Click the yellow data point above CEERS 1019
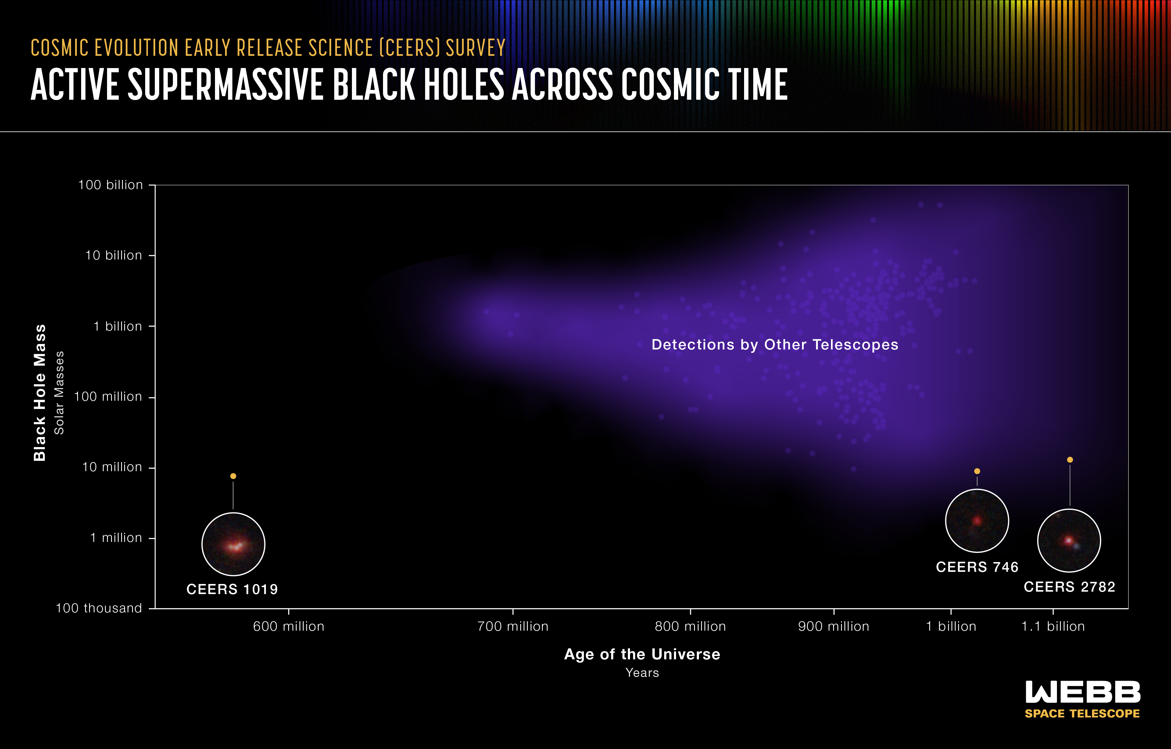pyautogui.click(x=233, y=476)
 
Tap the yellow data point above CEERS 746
pyautogui.click(x=977, y=471)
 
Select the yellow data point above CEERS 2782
pyautogui.click(x=1070, y=460)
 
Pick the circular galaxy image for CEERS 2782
pyautogui.click(x=1069, y=540)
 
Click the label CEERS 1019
pyautogui.click(x=232, y=590)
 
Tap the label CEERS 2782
pyautogui.click(x=1069, y=587)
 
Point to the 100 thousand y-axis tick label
pyautogui.click(x=99, y=608)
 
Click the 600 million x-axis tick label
pyautogui.click(x=288, y=626)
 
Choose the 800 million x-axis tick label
pyautogui.click(x=690, y=626)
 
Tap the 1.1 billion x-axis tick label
pyautogui.click(x=1053, y=626)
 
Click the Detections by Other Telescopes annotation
pyautogui.click(x=775, y=345)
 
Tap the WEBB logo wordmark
pyautogui.click(x=1083, y=692)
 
